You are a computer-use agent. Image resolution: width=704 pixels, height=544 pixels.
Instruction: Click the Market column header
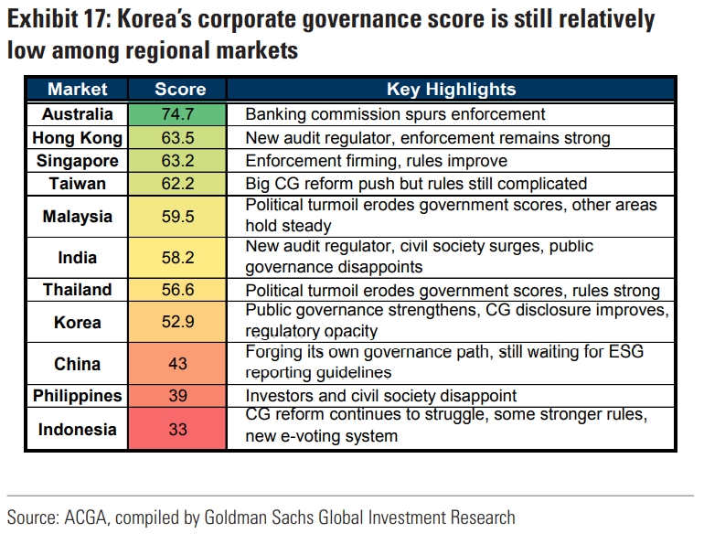coord(78,90)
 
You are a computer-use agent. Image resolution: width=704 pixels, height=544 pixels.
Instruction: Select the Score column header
coord(180,90)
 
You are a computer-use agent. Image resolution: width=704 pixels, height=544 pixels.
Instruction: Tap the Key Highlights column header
coord(452,90)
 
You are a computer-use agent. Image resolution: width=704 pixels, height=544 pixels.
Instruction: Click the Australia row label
coord(78,114)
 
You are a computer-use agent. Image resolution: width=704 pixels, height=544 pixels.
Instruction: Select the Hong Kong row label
coord(78,138)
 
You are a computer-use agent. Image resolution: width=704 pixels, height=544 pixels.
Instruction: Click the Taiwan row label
coord(78,184)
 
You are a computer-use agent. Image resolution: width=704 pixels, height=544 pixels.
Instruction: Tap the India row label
coord(78,258)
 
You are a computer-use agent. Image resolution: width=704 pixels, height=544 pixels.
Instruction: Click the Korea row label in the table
coord(78,323)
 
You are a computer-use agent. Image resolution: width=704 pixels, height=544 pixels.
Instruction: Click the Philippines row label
coord(78,396)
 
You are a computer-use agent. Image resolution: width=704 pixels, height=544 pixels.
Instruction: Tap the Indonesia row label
coord(78,429)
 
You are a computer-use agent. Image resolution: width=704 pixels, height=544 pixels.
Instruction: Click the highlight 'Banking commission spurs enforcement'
coord(395,114)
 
